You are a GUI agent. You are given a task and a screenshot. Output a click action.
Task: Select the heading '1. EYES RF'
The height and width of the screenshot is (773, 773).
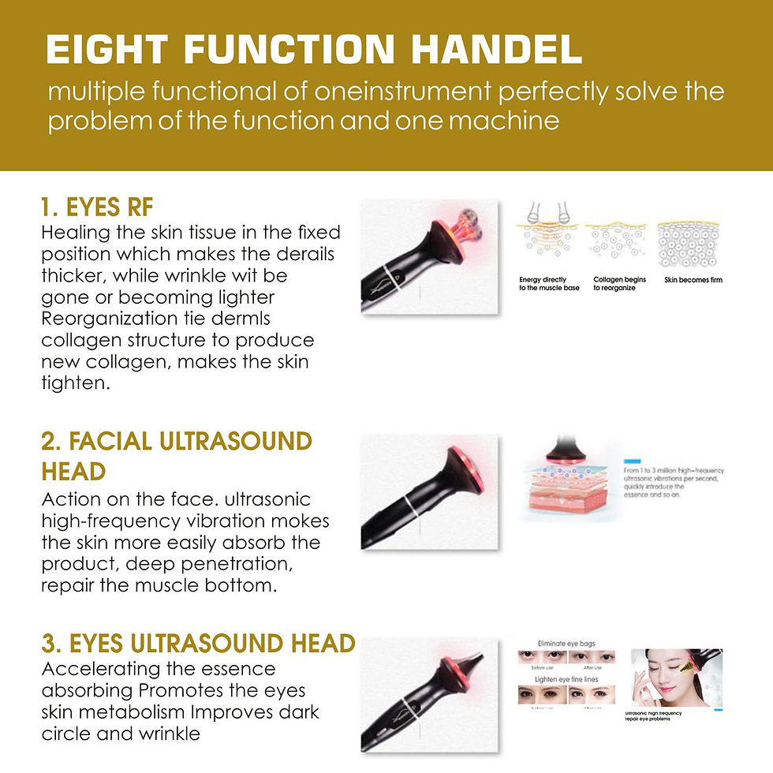97,207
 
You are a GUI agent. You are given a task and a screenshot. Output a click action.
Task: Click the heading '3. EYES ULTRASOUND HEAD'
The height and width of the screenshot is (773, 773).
198,644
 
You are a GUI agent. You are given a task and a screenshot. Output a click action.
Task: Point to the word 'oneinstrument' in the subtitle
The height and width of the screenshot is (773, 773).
405,92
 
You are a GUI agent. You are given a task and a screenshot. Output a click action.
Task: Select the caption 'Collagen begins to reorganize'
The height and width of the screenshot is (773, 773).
619,284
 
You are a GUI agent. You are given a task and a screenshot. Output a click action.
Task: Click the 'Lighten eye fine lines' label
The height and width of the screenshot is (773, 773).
565,679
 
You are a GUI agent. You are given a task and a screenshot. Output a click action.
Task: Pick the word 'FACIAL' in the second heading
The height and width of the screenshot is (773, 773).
91,441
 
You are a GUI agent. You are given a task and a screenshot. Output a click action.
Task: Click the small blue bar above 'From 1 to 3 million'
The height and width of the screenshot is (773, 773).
631,459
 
